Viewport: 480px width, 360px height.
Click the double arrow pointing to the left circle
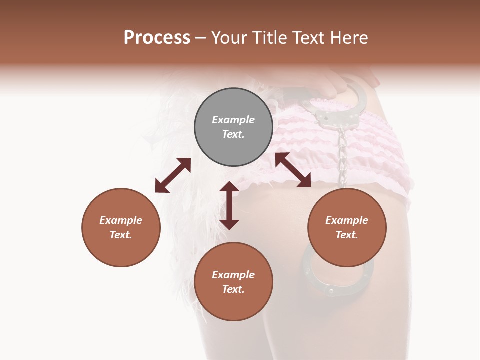pyautogui.click(x=173, y=175)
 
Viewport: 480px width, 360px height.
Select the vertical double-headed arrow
pyautogui.click(x=229, y=205)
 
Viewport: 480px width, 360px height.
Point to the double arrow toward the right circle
pyautogui.click(x=293, y=170)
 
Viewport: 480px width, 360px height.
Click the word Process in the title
pyautogui.click(x=157, y=37)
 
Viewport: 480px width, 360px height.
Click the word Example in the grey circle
pyautogui.click(x=233, y=120)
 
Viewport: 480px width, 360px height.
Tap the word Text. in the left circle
pyautogui.click(x=121, y=235)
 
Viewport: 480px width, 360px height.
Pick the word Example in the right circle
pyautogui.click(x=347, y=220)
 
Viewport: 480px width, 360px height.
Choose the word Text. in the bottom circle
pyautogui.click(x=233, y=289)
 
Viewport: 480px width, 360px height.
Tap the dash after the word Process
pyautogui.click(x=201, y=38)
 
